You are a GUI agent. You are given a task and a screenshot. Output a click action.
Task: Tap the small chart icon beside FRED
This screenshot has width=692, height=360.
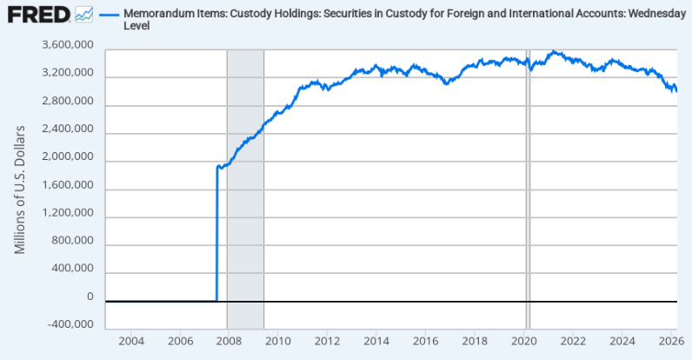click(84, 14)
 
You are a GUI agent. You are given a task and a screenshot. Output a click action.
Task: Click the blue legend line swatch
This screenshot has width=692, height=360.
click(109, 15)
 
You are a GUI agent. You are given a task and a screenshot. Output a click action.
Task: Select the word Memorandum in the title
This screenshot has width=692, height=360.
click(157, 15)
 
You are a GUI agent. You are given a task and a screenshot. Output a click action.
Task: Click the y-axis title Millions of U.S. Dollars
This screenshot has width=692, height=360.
click(19, 190)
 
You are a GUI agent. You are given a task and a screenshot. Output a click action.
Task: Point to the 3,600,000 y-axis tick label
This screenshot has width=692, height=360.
click(68, 46)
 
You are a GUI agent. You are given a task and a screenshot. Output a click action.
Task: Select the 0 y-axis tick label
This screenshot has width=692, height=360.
click(90, 297)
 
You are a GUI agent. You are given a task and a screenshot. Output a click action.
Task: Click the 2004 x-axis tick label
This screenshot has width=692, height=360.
click(130, 339)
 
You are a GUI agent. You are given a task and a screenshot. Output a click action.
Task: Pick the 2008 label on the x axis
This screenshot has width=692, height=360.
click(229, 339)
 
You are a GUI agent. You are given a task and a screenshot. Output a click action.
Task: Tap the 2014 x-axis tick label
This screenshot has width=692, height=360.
click(376, 339)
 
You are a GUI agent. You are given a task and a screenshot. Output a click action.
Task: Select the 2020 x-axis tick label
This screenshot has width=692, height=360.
click(524, 339)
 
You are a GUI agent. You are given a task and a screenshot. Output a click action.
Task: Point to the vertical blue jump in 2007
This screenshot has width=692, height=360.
click(216, 235)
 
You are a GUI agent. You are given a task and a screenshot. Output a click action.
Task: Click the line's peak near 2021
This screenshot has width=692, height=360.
click(554, 51)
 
